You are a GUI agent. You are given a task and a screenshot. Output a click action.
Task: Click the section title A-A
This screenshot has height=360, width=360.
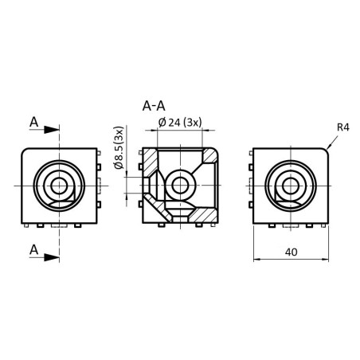[154, 107]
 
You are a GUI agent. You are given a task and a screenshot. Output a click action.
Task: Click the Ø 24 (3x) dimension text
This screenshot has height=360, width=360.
[180, 123]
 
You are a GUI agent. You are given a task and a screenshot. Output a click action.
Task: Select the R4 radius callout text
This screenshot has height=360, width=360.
[343, 127]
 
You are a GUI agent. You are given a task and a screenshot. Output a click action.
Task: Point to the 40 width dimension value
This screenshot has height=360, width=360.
[291, 252]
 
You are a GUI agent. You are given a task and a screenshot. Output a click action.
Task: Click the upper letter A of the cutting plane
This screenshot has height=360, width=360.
[34, 123]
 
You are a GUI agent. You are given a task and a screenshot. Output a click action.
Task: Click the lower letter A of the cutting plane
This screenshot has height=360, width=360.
[34, 250]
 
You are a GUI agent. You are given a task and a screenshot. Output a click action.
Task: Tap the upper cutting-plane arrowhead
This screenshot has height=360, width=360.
[52, 130]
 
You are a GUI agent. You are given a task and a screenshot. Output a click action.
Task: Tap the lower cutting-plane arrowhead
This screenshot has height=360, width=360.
[52, 257]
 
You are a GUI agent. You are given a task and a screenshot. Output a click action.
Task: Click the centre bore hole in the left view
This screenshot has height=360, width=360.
[59, 186]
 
